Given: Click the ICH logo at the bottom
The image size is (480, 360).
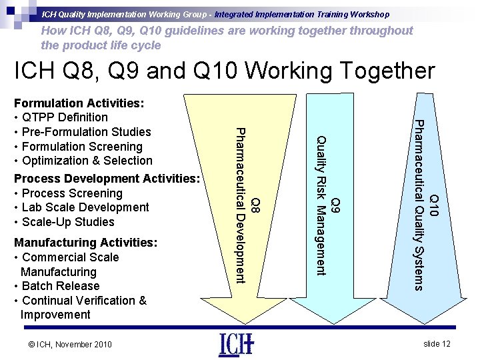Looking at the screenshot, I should pos(235,345).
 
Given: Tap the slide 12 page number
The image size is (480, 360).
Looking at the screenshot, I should pos(437,343).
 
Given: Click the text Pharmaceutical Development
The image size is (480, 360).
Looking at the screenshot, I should pos(243,205).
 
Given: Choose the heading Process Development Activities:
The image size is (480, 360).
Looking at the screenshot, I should pos(107,179).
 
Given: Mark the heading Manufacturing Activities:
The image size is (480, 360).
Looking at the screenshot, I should pos(85,243).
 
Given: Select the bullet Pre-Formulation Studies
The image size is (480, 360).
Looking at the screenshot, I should pos(85,132).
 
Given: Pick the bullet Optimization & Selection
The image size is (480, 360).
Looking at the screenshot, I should pos(86,161).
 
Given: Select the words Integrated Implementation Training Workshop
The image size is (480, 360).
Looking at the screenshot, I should pos(307,14).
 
